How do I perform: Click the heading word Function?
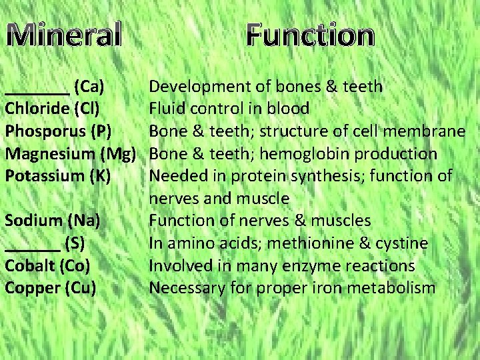pos(309,35)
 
